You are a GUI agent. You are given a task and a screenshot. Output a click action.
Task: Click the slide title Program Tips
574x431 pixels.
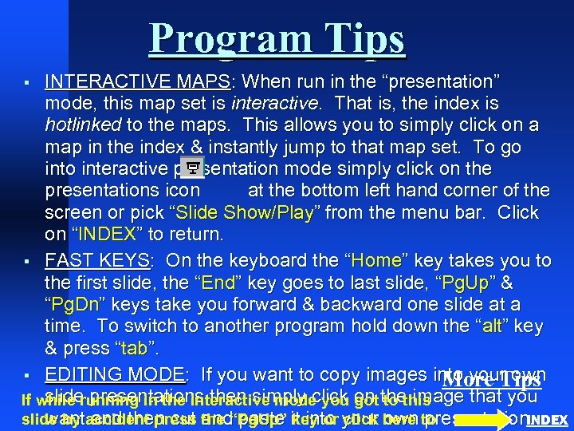[277, 38]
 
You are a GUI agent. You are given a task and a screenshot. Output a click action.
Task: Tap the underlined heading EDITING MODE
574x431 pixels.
[116, 374]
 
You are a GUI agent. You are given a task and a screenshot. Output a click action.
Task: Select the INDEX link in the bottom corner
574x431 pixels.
[548, 420]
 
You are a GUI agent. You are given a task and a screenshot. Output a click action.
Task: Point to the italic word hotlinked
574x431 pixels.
[82, 125]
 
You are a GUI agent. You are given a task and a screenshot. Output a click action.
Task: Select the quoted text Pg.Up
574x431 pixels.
[463, 283]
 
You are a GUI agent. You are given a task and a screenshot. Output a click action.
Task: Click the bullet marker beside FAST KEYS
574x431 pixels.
[26, 262]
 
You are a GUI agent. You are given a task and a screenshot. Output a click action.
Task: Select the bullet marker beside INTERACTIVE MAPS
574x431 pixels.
[26, 82]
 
